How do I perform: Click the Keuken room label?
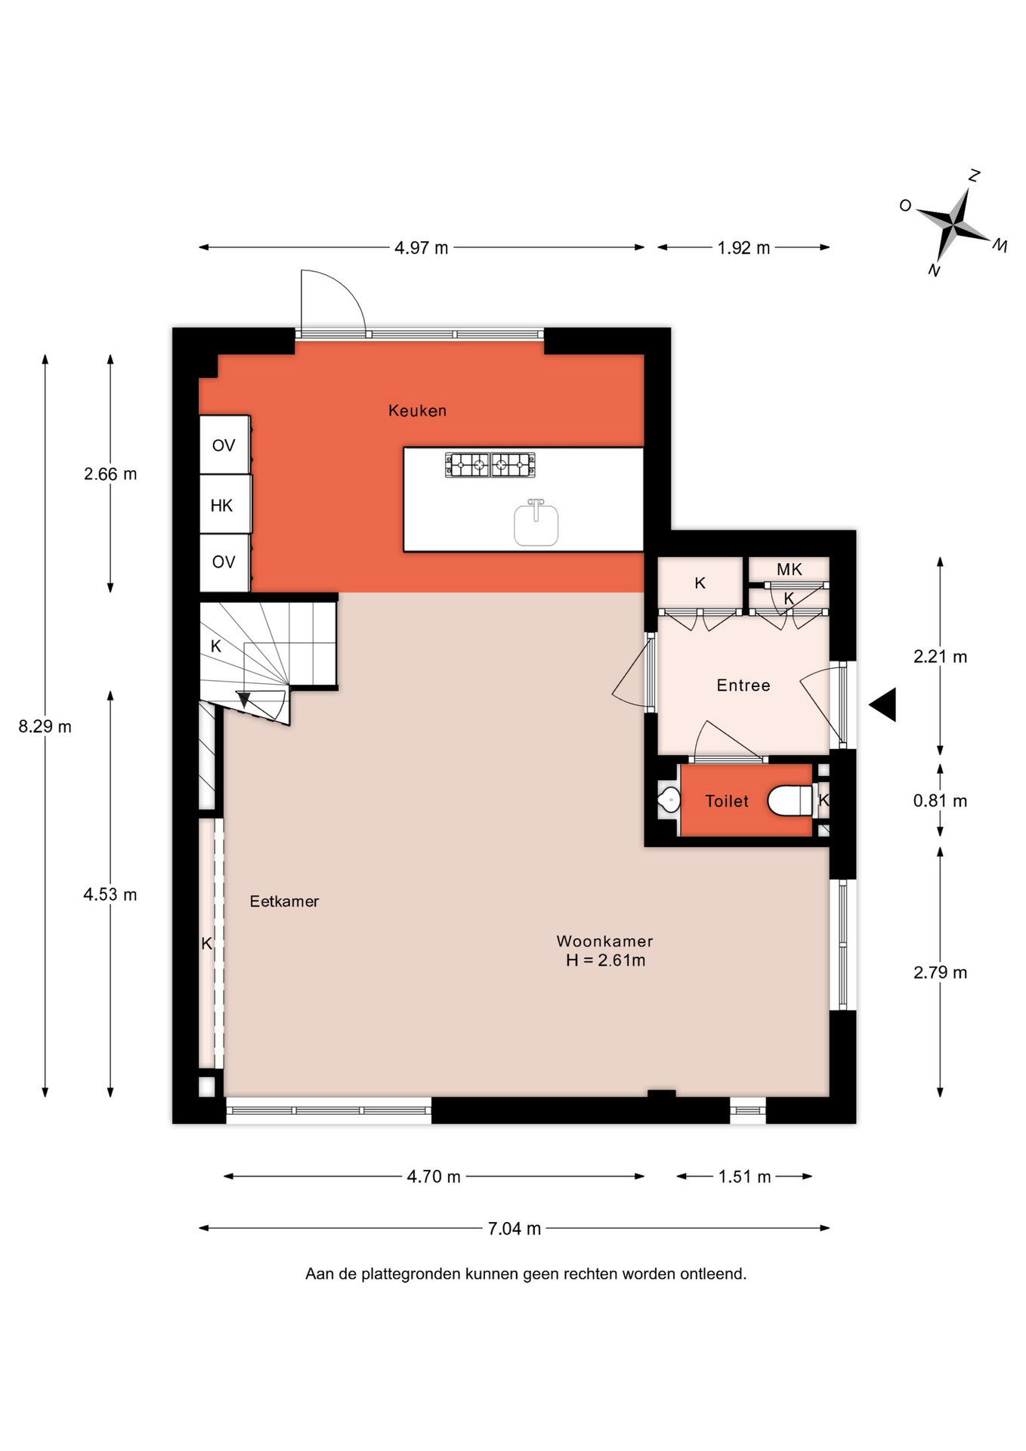coord(417,410)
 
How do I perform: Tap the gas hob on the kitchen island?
coord(490,465)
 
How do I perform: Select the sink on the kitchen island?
coord(536,522)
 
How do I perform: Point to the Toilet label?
coord(727,801)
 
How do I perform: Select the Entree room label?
coord(743,685)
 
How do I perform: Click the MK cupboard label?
coord(789,569)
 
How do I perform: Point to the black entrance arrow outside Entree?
coord(884,704)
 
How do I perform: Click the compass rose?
coord(955,224)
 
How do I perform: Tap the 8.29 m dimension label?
coord(45,726)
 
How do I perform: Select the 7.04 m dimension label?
coord(515,1229)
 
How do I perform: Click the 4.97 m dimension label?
coord(421,248)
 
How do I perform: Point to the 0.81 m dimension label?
coord(940,801)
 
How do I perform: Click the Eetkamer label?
coord(284,901)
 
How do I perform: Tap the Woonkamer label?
coord(604,941)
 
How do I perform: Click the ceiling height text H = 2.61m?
coord(605,961)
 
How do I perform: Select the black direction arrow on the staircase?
coord(244,700)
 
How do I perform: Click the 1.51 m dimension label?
coord(744,1177)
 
